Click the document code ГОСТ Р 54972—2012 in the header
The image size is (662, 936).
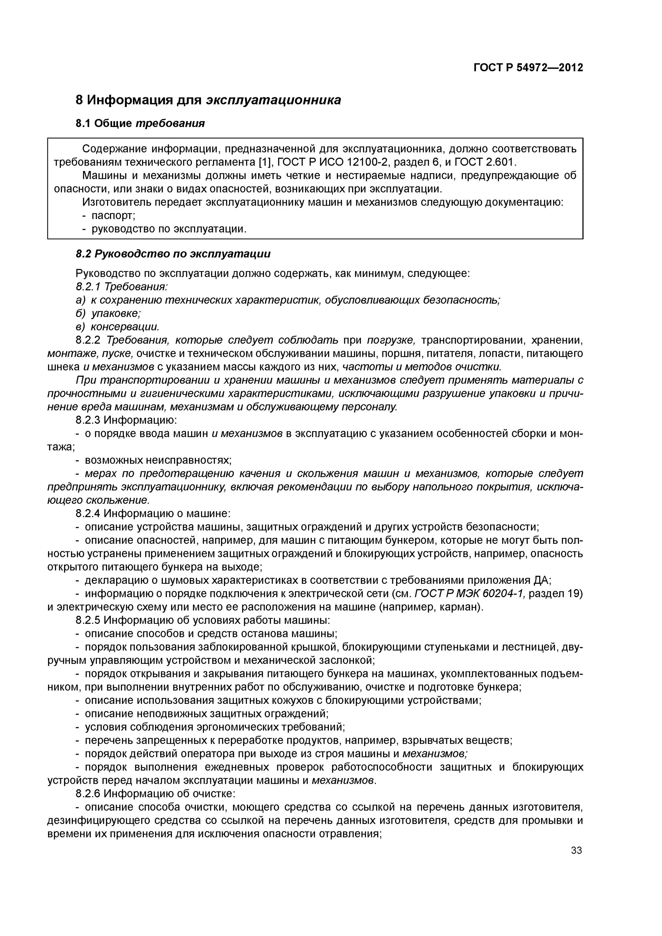[x=528, y=68]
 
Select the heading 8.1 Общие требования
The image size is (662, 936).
[x=140, y=123]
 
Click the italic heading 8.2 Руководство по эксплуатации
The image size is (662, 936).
[x=173, y=254]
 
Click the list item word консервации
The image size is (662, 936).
[x=125, y=327]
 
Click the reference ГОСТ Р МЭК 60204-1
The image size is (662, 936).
[x=471, y=594]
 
